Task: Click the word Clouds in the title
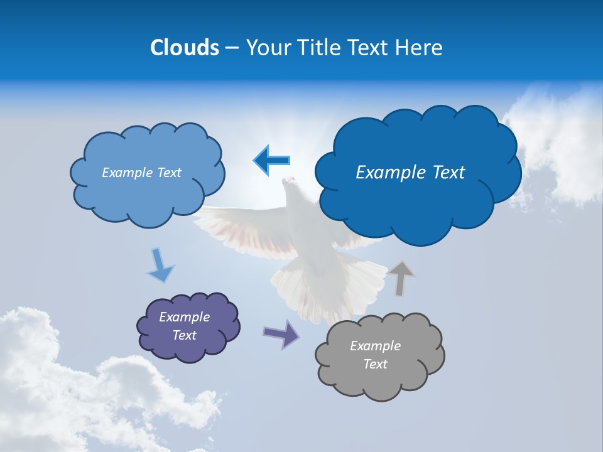(185, 48)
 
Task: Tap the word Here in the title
(420, 48)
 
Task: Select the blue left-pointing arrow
(272, 160)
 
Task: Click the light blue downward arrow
(160, 266)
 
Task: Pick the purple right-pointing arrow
(281, 333)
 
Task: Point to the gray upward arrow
(401, 278)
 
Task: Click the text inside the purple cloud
(184, 326)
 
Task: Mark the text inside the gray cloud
(375, 355)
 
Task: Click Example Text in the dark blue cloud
(410, 173)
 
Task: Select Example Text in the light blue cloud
(141, 173)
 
